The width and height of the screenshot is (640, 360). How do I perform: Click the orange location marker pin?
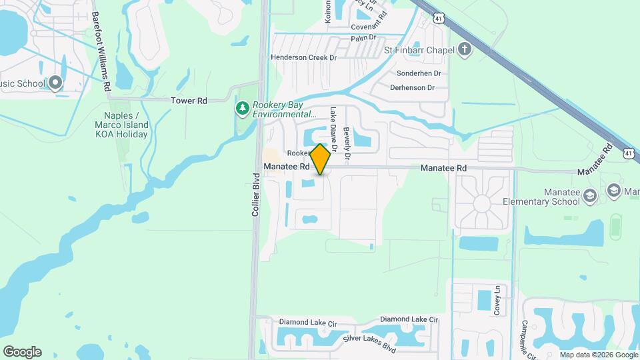(320, 159)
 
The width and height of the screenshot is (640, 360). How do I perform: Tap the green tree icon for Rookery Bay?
(243, 107)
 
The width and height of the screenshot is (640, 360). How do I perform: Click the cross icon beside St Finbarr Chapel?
(465, 49)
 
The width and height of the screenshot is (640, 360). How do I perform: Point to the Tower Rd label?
(189, 101)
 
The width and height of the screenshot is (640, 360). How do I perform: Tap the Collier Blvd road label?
(255, 195)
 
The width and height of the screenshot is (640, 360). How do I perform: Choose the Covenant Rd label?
(365, 27)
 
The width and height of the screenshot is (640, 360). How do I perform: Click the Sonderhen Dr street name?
(419, 73)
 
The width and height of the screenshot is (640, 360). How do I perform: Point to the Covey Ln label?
(497, 299)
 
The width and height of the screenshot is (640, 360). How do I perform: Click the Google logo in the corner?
(22, 352)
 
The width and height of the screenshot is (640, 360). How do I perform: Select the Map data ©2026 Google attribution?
(597, 355)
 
